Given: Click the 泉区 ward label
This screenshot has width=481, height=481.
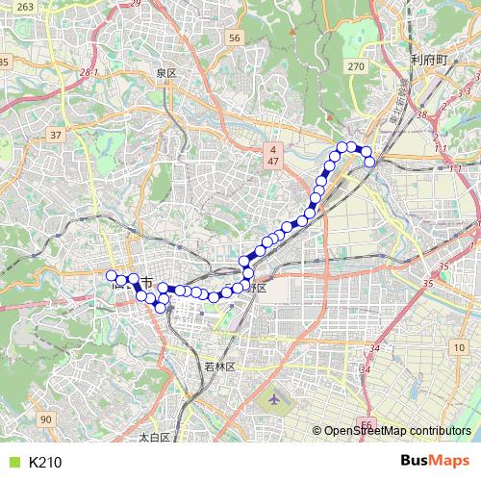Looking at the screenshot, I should (166, 73).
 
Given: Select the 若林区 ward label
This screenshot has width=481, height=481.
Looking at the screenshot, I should (220, 367).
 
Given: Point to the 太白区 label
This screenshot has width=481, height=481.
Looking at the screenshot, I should (154, 437).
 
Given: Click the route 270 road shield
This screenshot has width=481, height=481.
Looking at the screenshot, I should (357, 66).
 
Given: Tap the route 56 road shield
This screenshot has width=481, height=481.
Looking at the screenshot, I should (236, 38).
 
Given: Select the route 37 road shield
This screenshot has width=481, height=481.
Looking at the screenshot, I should (56, 135).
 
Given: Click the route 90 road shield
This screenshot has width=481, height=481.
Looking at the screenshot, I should (47, 418).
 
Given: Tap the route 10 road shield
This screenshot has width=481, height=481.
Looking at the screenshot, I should (459, 346).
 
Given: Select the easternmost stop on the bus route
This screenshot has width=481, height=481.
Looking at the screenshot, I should (369, 162).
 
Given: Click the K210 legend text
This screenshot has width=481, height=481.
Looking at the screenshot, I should (45, 463).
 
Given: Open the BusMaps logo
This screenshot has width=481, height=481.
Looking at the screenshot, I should (434, 461).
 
